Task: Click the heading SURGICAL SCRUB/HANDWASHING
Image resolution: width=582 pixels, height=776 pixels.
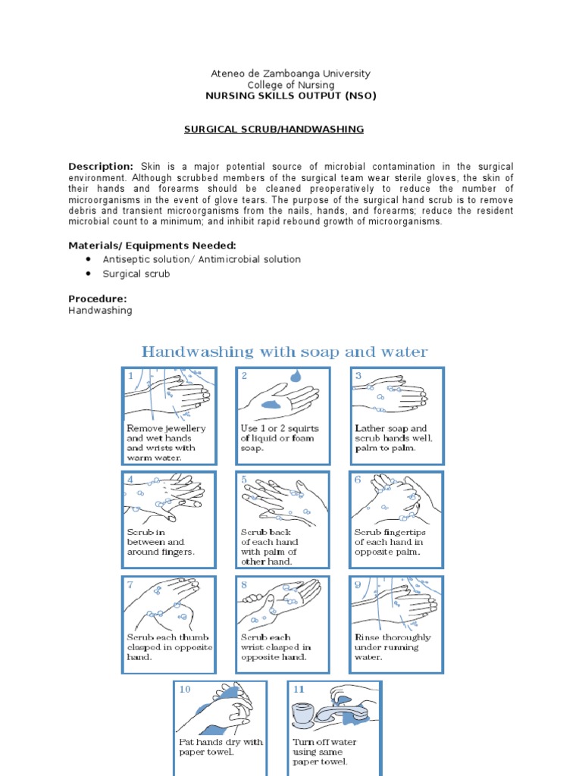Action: point(274,130)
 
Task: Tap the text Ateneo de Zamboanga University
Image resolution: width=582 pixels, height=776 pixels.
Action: point(290,74)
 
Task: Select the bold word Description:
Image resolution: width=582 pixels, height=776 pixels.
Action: point(101,166)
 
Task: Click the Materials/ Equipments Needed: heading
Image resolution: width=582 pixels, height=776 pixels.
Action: point(152,245)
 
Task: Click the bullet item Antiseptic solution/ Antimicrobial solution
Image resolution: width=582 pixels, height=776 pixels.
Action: point(202,259)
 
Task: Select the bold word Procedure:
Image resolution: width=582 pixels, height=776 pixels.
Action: point(97,299)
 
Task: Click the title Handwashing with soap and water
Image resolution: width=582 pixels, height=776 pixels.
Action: point(285,352)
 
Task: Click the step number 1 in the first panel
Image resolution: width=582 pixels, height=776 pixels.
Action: point(130,376)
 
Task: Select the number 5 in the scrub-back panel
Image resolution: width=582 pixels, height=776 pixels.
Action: point(244,480)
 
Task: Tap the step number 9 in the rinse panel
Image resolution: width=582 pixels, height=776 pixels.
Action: point(357,584)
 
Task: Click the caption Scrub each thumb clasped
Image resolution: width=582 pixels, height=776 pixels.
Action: point(168,647)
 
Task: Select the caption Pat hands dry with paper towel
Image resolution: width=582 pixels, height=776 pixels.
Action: point(220,747)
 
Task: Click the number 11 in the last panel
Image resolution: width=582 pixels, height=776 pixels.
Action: point(298,690)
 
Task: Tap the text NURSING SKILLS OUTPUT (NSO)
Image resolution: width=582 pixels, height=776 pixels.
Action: point(290,96)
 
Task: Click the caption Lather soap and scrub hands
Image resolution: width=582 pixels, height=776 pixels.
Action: point(391,438)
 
